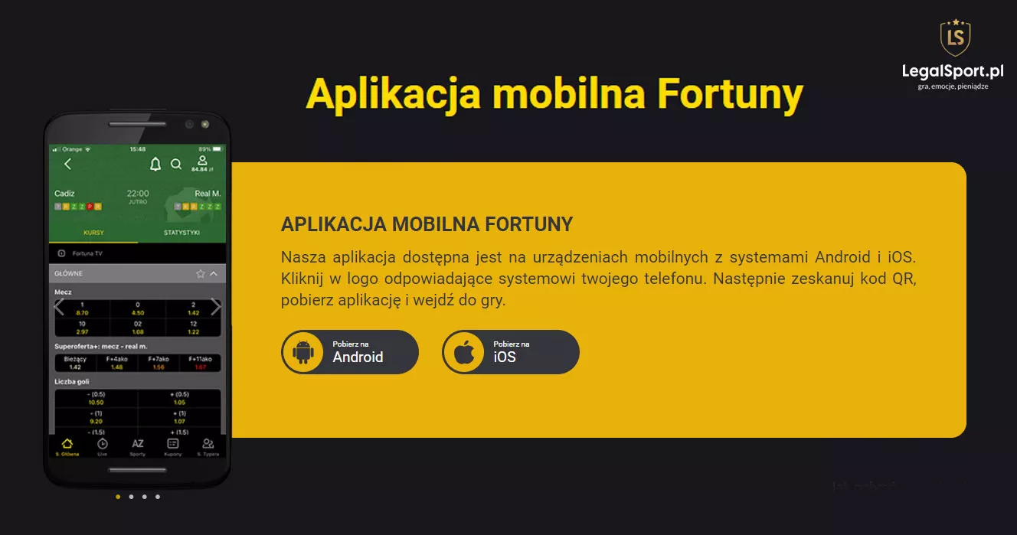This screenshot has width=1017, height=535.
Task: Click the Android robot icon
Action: (303, 352)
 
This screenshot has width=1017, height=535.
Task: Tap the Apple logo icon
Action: (464, 352)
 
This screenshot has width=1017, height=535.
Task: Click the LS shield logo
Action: (955, 38)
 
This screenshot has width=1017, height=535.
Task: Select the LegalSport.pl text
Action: (953, 71)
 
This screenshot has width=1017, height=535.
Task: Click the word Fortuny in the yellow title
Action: (731, 95)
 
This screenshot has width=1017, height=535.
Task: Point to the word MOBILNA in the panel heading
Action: (435, 224)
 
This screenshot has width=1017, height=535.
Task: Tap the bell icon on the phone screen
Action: (155, 164)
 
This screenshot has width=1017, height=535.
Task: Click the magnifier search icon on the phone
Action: (176, 164)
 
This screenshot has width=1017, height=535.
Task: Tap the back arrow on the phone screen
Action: (67, 164)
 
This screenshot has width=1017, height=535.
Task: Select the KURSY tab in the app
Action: (93, 233)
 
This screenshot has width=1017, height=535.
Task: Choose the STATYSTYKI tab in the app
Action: (181, 233)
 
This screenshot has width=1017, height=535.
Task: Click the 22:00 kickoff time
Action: (138, 194)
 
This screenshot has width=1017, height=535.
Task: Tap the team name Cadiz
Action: (64, 194)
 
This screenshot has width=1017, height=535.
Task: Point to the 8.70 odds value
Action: (82, 313)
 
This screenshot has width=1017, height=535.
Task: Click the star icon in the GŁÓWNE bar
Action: (201, 273)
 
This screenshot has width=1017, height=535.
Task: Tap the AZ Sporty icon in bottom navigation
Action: (138, 445)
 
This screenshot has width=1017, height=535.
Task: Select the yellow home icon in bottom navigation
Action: (67, 444)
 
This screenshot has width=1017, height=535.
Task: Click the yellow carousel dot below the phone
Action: (118, 497)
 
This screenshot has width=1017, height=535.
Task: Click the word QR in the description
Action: (904, 279)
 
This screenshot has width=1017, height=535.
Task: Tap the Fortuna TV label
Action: (87, 253)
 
